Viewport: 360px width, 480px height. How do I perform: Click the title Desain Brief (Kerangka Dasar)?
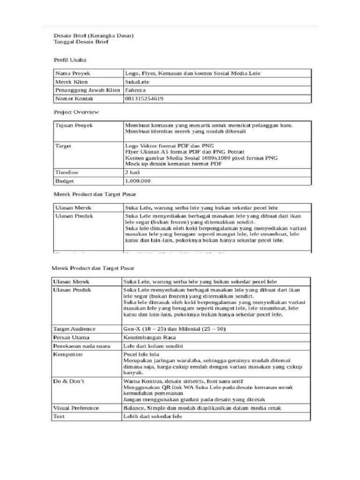pyautogui.click(x=94, y=36)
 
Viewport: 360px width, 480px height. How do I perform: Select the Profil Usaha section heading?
pyautogui.click(x=70, y=60)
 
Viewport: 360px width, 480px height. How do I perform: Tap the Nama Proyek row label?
pyautogui.click(x=73, y=74)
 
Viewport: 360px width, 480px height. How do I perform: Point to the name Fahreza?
pyautogui.click(x=136, y=90)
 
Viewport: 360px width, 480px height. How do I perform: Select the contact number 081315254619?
pyautogui.click(x=144, y=98)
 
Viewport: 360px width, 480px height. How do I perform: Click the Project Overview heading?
pyautogui.click(x=76, y=112)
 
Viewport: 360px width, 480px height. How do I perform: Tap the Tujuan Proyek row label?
pyautogui.click(x=74, y=126)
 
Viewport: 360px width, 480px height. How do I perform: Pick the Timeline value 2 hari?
pyautogui.click(x=133, y=172)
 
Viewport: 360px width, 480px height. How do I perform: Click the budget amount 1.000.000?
pyautogui.click(x=138, y=181)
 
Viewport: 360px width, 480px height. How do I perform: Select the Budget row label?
pyautogui.click(x=65, y=181)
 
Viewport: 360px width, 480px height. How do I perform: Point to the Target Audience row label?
pyautogui.click(x=75, y=329)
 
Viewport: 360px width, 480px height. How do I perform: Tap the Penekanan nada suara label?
pyautogui.click(x=82, y=346)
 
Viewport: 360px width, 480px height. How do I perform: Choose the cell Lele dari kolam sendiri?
pyautogui.click(x=152, y=346)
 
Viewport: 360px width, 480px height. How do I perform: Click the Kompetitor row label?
pyautogui.click(x=68, y=354)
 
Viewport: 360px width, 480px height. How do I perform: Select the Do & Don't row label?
pyautogui.click(x=69, y=381)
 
